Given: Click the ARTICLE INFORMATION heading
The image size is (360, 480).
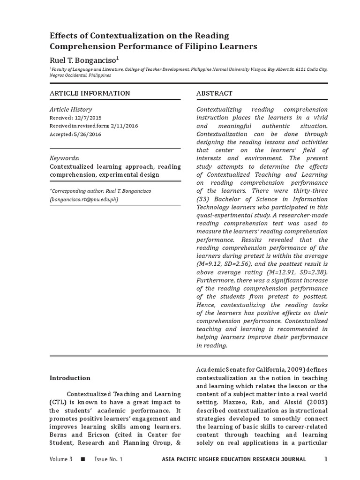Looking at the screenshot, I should pos(90,93).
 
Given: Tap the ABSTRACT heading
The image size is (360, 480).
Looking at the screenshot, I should pos(214,93).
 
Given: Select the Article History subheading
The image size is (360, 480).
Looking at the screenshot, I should pos(71,109).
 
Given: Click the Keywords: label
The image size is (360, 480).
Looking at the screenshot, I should pos(64,158).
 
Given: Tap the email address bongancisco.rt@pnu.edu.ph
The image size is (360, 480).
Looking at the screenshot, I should pos(84,199).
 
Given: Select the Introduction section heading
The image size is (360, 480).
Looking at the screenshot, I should pos(70,378).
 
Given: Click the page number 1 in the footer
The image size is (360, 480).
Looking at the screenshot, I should pos(326,459).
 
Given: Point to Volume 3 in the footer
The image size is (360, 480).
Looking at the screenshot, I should pos(61,459).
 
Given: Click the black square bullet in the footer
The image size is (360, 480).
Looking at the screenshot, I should pos(83,459).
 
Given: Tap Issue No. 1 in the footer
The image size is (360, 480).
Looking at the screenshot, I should pos(108,459).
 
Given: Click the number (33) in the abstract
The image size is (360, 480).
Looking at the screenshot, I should pos(204,199).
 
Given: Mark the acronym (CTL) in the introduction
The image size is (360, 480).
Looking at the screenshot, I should pos(59,402).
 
